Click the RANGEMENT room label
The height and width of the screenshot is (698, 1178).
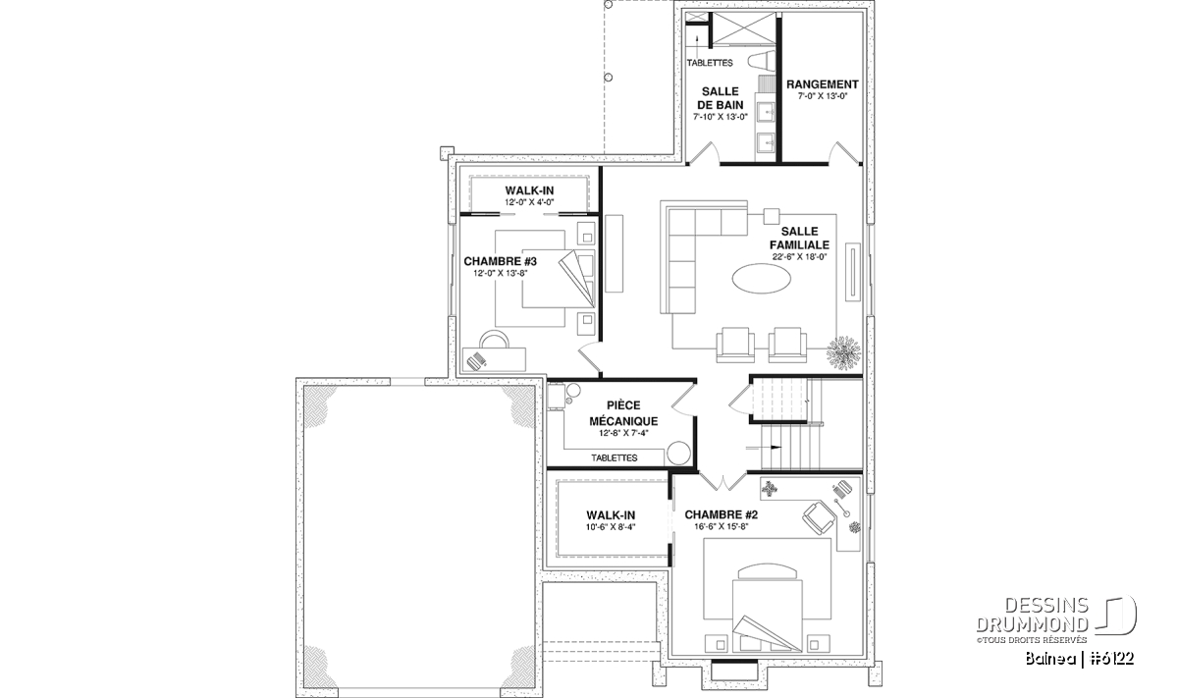pos(822,84)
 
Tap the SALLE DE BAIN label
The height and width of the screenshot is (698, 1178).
pos(720,98)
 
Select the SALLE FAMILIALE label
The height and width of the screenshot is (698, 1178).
pos(799,238)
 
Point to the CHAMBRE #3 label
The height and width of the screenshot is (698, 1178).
pos(500,261)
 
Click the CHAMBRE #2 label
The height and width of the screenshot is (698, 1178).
pos(721,514)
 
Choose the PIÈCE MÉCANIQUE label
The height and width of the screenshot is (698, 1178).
pos(623,413)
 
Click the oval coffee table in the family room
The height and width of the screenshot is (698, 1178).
pos(761,277)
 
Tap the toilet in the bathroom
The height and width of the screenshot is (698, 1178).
pos(761,61)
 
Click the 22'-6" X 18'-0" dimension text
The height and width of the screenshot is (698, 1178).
pos(799,257)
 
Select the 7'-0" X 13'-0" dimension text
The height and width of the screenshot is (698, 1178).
pos(823,96)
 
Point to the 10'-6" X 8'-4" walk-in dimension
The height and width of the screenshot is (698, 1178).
pos(611,526)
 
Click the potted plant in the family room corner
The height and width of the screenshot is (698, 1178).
pos(843,352)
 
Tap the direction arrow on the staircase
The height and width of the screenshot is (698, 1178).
pos(764,448)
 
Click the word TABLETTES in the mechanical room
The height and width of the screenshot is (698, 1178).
pos(615,457)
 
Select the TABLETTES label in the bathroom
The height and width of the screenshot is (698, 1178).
pos(710,63)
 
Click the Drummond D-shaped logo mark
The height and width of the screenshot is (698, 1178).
pos(1115,616)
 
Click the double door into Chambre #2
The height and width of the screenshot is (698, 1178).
pos(723,481)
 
